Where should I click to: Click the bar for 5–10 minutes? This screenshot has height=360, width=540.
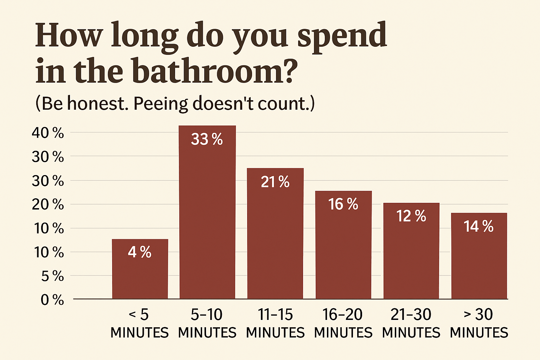[207, 218]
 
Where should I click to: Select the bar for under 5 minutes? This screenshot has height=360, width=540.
[140, 274]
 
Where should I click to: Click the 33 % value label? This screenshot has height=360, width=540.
[207, 140]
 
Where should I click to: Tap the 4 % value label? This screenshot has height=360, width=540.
[140, 252]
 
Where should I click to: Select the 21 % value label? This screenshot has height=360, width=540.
[275, 182]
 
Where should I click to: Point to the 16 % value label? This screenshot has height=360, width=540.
[343, 204]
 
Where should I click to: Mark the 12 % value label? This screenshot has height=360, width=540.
[411, 216]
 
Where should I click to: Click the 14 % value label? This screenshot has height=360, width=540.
[478, 226]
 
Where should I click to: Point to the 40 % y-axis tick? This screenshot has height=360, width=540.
[48, 133]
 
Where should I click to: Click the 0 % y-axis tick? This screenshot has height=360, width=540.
[52, 300]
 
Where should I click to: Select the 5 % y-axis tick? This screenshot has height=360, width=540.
[52, 276]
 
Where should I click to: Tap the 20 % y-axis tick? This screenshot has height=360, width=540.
[48, 204]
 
